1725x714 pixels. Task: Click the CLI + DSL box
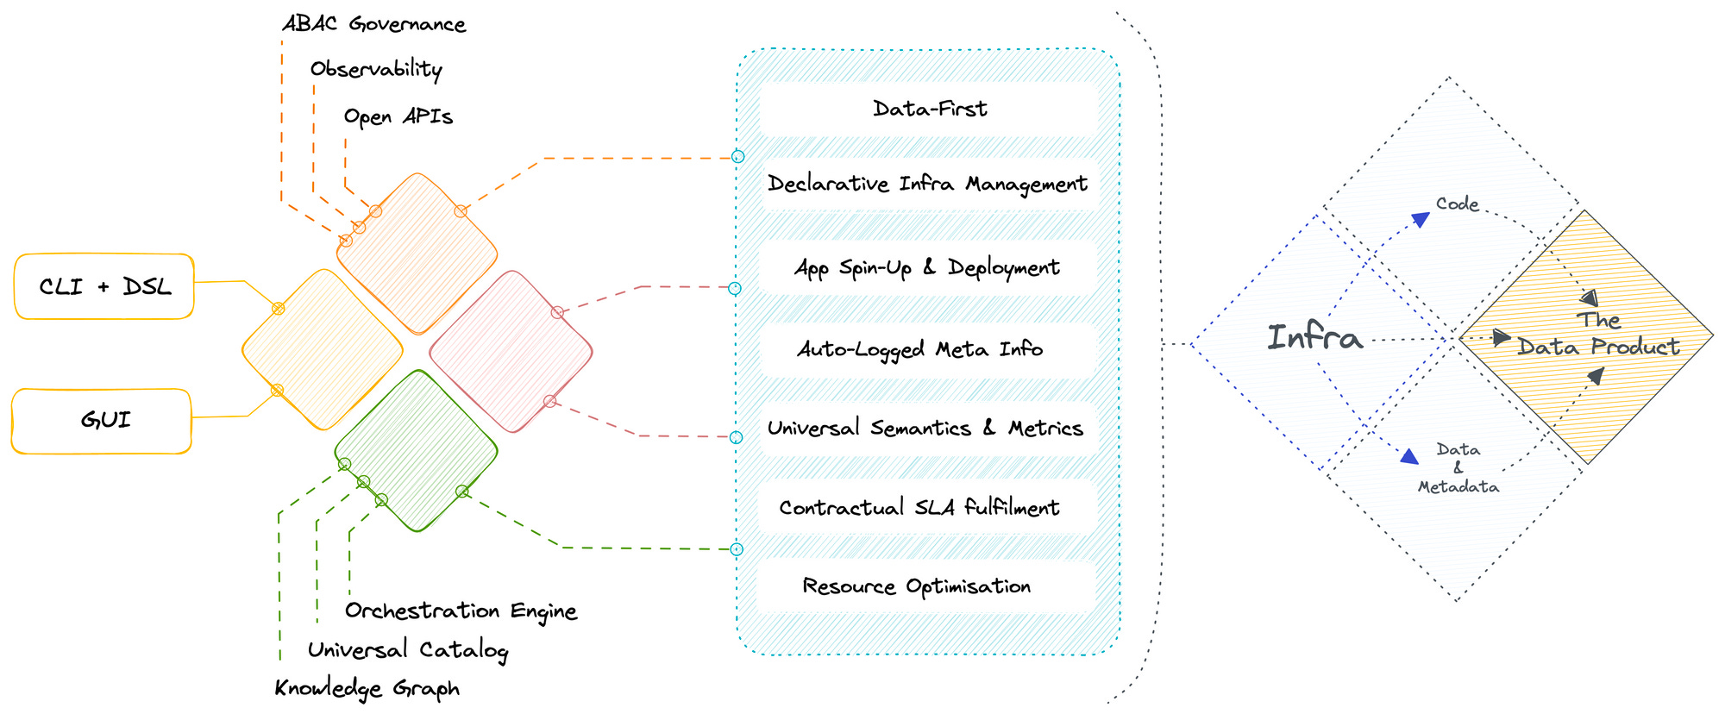[x=104, y=286]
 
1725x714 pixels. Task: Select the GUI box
[x=102, y=421]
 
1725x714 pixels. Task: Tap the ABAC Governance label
[x=374, y=24]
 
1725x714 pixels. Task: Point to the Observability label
[x=376, y=69]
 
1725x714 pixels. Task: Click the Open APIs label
[x=398, y=116]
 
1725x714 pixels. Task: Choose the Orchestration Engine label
[x=461, y=611]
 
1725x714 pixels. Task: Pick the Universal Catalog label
[x=407, y=649]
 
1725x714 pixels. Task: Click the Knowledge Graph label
[x=367, y=688]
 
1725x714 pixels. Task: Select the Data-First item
[x=929, y=109]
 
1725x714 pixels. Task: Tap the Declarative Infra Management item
[x=927, y=184]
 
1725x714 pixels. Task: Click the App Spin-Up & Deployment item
[x=927, y=267]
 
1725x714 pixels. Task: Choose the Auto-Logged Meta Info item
[x=920, y=349]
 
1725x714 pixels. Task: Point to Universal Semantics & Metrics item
[x=925, y=428]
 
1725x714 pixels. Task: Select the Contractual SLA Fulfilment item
[x=919, y=507]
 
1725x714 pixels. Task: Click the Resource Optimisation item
[x=916, y=586]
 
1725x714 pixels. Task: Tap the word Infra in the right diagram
[x=1314, y=337]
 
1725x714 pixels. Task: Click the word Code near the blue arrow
[x=1457, y=204]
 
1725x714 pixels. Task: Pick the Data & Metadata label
[x=1458, y=468]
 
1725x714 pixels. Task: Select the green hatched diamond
[x=416, y=450]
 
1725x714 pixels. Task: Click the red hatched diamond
[x=511, y=351]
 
